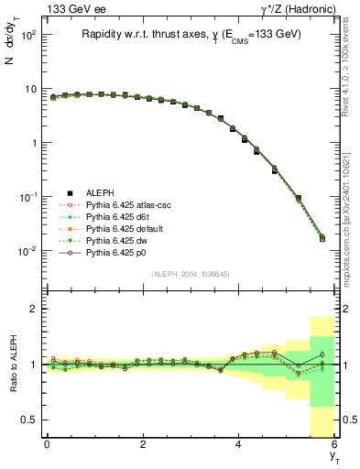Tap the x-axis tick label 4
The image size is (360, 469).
pyautogui.click(x=239, y=445)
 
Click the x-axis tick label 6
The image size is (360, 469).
pyautogui.click(x=334, y=445)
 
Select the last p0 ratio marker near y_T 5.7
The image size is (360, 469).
pyautogui.click(x=322, y=354)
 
